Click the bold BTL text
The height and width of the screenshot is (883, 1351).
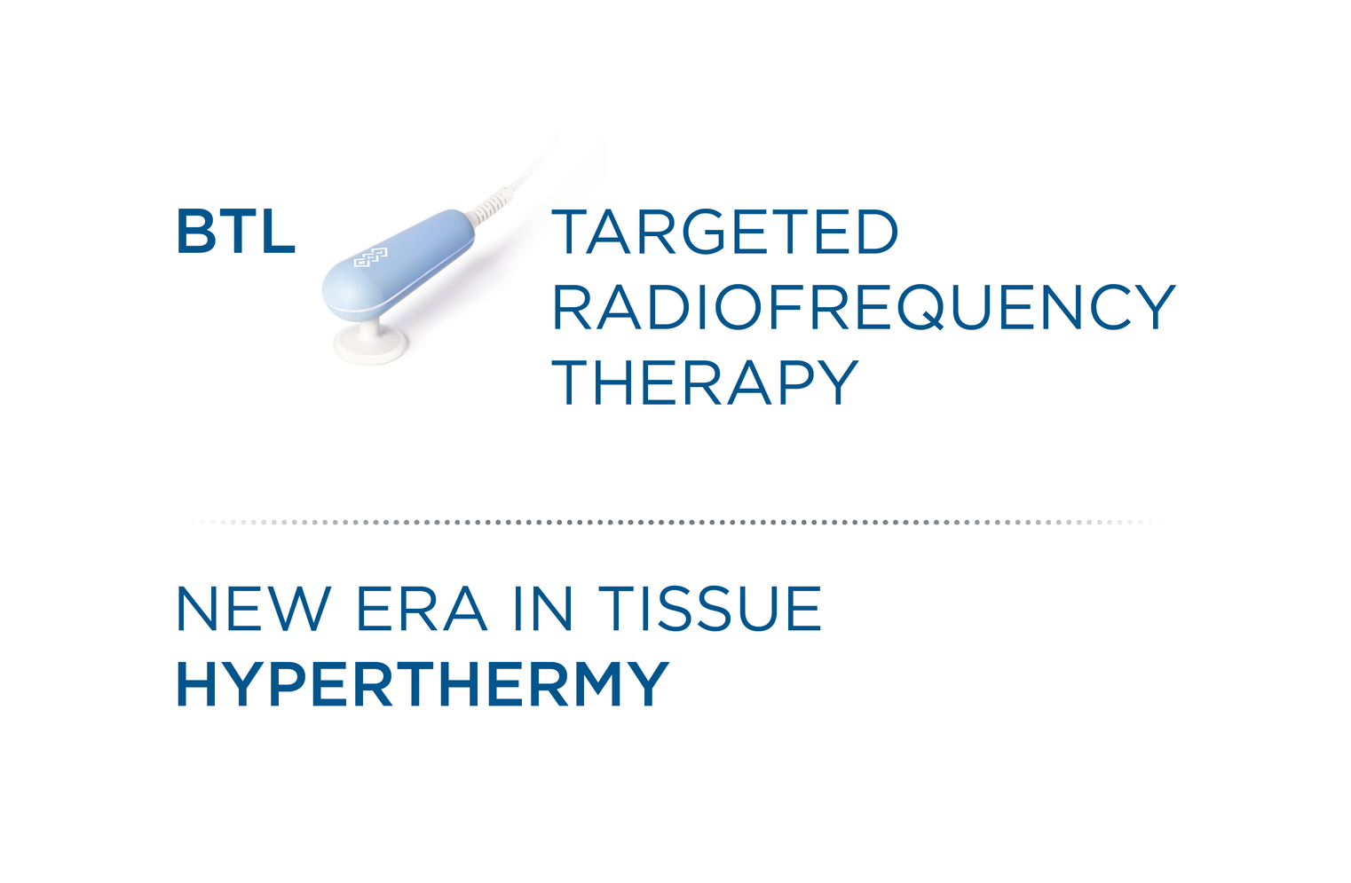(x=236, y=232)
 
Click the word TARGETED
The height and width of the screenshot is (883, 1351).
(x=724, y=232)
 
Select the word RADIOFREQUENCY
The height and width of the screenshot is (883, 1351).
(x=864, y=307)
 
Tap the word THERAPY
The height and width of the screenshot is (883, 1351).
(x=705, y=382)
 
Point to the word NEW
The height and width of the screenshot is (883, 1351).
(x=254, y=608)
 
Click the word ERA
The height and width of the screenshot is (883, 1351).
(x=422, y=608)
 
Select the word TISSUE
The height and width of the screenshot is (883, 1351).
(x=710, y=608)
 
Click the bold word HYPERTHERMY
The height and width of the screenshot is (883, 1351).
(x=423, y=683)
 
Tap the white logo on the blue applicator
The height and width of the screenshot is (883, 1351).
(x=370, y=257)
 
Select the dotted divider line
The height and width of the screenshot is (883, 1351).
(x=675, y=523)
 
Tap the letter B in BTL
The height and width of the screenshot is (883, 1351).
(x=196, y=232)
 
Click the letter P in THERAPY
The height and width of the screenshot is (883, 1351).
(x=797, y=382)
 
